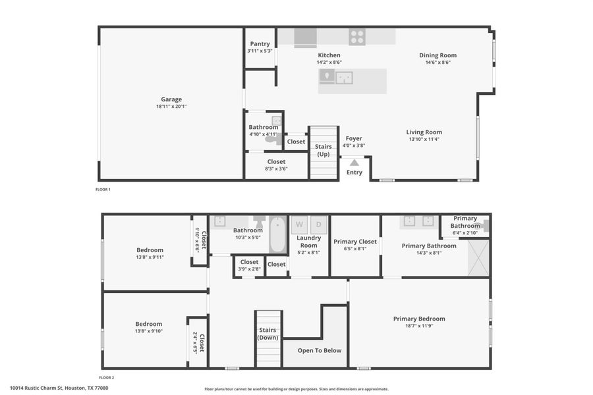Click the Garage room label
coord(171,99)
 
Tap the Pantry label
coord(260,44)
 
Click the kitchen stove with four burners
coord(357,37)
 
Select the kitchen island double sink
coord(344,78)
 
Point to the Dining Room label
coord(438,55)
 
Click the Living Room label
coord(424,132)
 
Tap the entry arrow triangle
coord(354,162)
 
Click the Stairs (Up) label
coord(324,151)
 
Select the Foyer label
coord(354,139)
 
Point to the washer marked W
coord(299,224)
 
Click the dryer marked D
coord(319,224)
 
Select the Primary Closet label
coord(355,242)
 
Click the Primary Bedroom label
coord(419,319)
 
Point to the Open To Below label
coord(320,350)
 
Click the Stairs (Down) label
coord(268,334)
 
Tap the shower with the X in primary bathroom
coord(478,259)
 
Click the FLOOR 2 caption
coord(107,378)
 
